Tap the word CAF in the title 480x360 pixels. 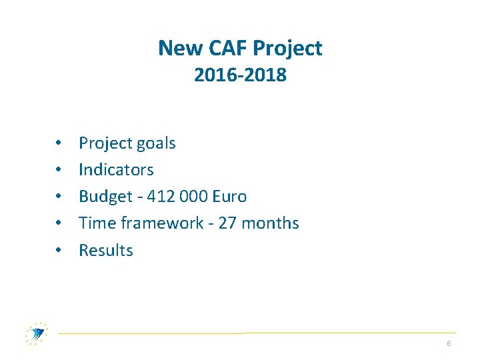pyautogui.click(x=224, y=48)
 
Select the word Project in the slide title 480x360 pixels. pyautogui.click(x=287, y=48)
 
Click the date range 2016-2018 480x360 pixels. pyautogui.click(x=240, y=75)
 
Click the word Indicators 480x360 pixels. pyautogui.click(x=116, y=170)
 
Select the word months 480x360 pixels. pyautogui.click(x=270, y=223)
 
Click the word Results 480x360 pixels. pyautogui.click(x=106, y=251)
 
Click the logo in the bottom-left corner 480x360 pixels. pyautogui.click(x=36, y=333)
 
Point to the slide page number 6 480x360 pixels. pyautogui.click(x=449, y=343)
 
